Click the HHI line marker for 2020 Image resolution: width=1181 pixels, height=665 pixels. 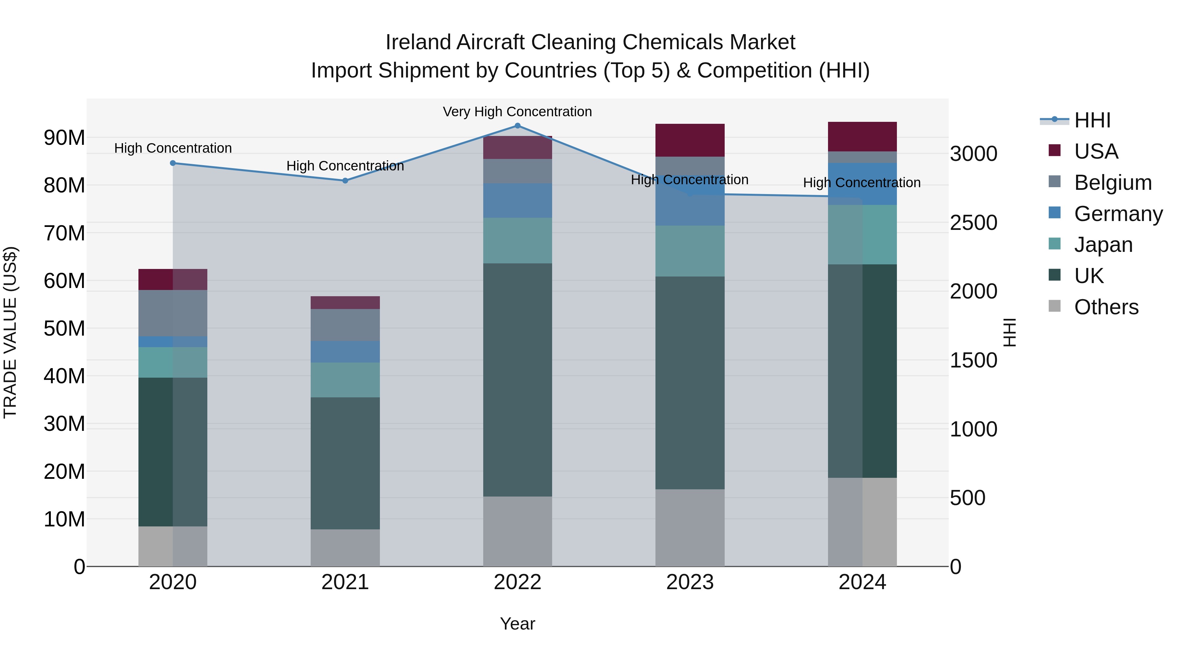[173, 163]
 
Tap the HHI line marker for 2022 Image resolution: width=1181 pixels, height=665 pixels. [518, 125]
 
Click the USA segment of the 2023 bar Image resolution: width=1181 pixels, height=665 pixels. [690, 140]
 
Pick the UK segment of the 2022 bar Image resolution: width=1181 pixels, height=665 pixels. [518, 380]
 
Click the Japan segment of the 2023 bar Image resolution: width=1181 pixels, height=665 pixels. [690, 251]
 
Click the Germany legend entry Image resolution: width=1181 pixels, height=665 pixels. [1118, 214]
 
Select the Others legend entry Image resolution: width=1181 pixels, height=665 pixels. [1106, 307]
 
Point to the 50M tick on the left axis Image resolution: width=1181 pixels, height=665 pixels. [64, 329]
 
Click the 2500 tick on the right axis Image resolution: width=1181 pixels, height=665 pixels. [973, 223]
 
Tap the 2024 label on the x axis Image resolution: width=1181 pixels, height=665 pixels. [862, 582]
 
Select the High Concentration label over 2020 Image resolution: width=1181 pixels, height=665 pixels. [173, 148]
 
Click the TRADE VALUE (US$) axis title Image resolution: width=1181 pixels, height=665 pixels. [10, 332]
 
